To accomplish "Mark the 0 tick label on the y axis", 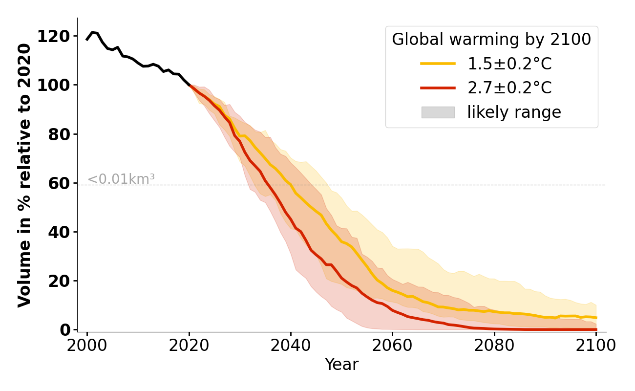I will [x=65, y=330].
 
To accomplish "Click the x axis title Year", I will [x=341, y=365].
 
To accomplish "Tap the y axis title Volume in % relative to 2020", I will [x=25, y=175].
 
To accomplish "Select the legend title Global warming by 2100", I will [x=491, y=40].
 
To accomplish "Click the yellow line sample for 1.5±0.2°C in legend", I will [x=438, y=64].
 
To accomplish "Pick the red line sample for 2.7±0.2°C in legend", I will [x=438, y=88].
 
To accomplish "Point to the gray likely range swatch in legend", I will [x=438, y=112].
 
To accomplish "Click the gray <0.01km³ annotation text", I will [x=121, y=179].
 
